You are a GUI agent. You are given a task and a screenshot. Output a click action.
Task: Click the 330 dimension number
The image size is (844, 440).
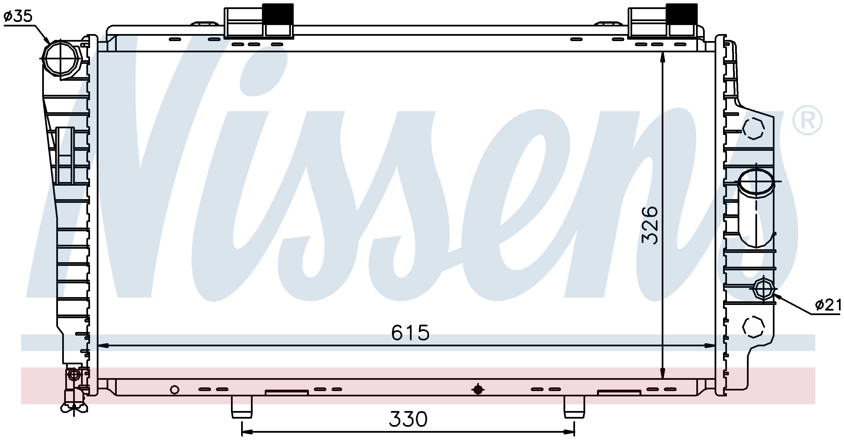408,419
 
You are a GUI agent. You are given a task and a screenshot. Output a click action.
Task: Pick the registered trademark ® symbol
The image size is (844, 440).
807,120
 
